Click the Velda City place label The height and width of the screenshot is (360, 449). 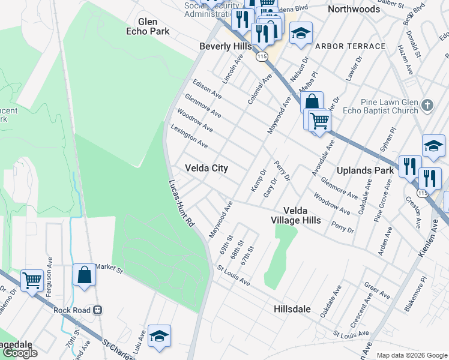pyautogui.click(x=206, y=168)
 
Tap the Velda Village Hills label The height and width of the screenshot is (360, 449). pyautogui.click(x=295, y=215)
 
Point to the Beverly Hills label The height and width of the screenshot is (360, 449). pyautogui.click(x=226, y=46)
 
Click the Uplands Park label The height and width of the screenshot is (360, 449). pyautogui.click(x=365, y=170)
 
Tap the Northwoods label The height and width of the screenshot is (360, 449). pyautogui.click(x=354, y=10)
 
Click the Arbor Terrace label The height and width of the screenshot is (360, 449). pyautogui.click(x=350, y=46)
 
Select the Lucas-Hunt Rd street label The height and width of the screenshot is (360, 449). pyautogui.click(x=182, y=203)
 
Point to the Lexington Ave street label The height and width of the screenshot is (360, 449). pyautogui.click(x=189, y=136)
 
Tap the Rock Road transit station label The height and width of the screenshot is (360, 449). pyautogui.click(x=79, y=310)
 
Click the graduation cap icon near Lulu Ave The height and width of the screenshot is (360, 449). pyautogui.click(x=159, y=335)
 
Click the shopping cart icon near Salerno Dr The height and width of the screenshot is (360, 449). pyautogui.click(x=32, y=280)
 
